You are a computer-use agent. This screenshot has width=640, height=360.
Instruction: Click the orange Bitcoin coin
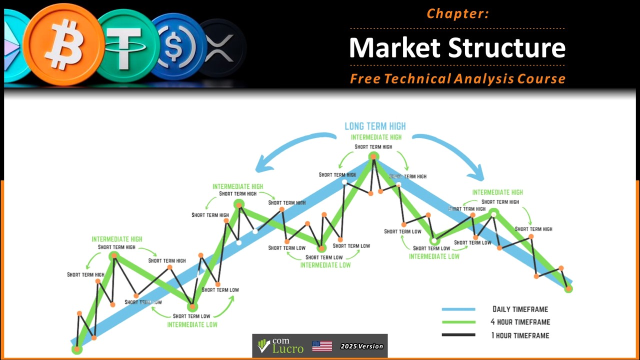62,44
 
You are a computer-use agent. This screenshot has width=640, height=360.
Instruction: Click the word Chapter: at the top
457,14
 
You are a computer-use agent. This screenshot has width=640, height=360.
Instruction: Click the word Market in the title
394,47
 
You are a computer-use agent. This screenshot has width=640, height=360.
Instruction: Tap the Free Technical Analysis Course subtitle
457,78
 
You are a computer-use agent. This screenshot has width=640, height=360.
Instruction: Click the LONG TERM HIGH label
375,126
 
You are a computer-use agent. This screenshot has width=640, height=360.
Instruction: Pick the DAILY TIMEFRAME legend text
520,309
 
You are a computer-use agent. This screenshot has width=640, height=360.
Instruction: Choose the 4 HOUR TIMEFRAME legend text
520,322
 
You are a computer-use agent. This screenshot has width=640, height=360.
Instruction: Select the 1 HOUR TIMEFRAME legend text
520,335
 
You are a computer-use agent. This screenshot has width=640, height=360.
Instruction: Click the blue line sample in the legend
458,309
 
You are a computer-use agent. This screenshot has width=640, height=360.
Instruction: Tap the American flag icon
322,346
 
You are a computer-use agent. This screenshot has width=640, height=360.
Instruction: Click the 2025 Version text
361,346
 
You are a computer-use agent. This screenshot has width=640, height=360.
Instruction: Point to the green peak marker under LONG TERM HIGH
373,157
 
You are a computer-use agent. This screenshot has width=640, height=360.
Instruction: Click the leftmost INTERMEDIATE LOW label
192,324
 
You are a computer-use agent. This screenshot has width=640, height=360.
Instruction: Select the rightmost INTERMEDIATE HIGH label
497,192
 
